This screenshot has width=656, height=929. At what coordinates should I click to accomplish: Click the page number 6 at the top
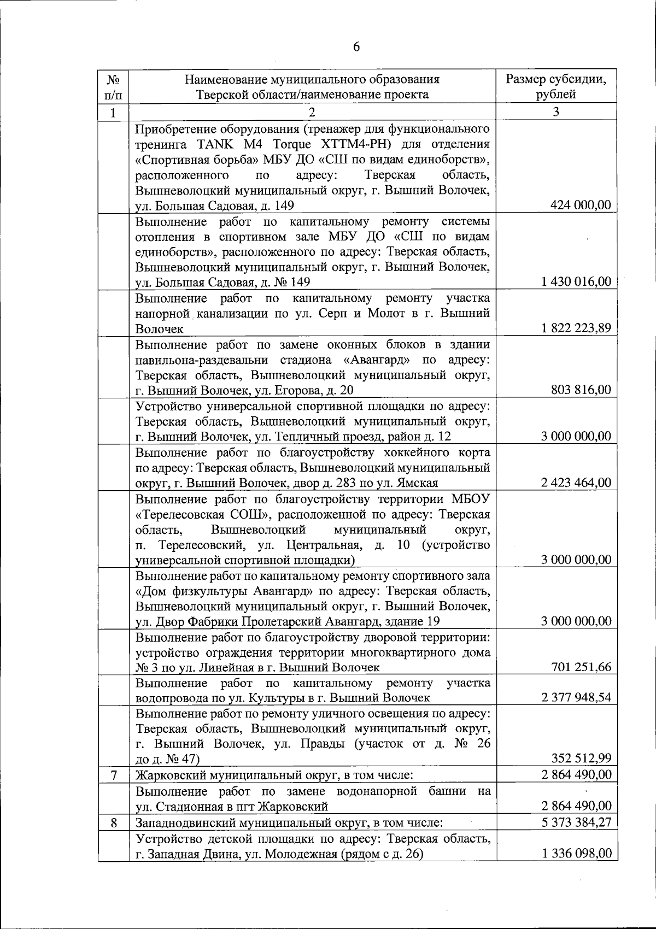(x=356, y=47)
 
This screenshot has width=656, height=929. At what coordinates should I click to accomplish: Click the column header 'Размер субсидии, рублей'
(x=556, y=86)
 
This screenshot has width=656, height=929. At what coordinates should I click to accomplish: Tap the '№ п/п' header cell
(x=113, y=86)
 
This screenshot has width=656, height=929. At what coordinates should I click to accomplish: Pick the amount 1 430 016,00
(x=576, y=281)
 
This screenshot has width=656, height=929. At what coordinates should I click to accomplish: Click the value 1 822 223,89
(x=576, y=328)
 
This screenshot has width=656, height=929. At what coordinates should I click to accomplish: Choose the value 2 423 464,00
(x=576, y=483)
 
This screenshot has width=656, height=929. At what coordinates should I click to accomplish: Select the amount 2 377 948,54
(x=576, y=697)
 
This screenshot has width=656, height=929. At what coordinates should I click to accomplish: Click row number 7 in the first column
(x=113, y=775)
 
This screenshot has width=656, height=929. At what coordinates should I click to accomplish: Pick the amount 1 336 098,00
(x=576, y=854)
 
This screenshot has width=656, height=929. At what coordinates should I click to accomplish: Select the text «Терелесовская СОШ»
(x=191, y=515)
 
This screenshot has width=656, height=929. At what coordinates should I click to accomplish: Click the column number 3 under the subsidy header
(x=556, y=112)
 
